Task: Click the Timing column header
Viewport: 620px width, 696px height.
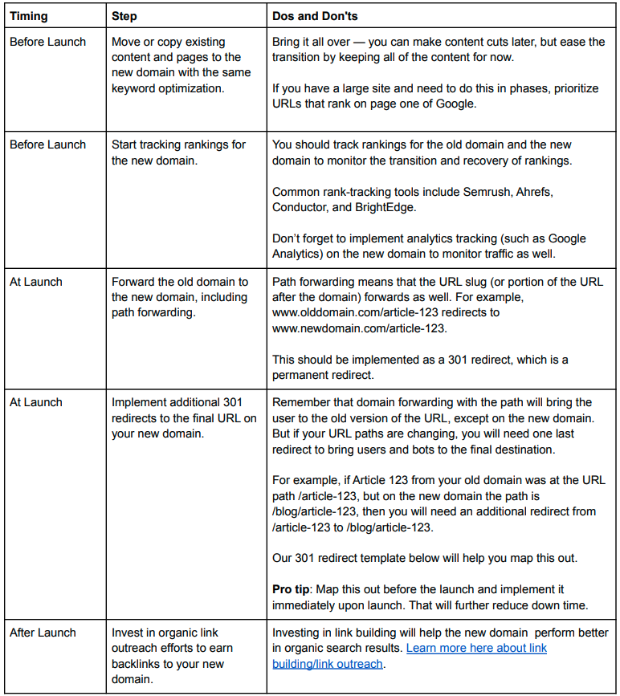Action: (29, 16)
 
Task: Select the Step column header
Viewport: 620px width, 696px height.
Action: (124, 16)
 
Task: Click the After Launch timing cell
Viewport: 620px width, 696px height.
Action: (43, 633)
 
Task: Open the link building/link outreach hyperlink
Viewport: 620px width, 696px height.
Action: (477, 648)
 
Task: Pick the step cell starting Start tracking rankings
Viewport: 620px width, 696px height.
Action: (178, 153)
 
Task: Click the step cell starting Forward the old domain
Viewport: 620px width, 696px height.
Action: (181, 297)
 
